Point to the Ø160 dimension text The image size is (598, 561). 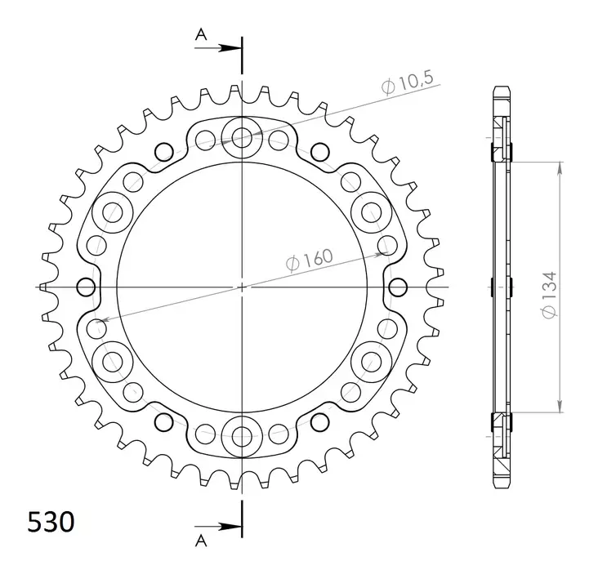[x=310, y=260]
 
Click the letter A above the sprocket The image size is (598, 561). [x=200, y=33]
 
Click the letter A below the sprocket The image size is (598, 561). [x=200, y=538]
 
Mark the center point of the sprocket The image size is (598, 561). [x=242, y=287]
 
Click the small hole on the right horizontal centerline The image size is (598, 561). [x=398, y=287]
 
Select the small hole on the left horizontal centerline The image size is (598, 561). [x=86, y=287]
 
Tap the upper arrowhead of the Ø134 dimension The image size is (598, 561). [x=560, y=167]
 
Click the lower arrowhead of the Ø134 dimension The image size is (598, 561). [x=560, y=406]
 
